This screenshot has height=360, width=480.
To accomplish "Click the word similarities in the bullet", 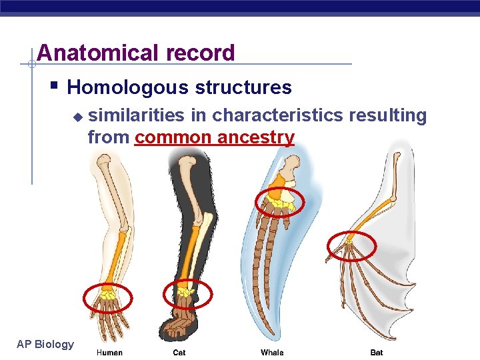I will [x=137, y=115].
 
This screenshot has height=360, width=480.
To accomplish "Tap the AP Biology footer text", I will [x=45, y=344].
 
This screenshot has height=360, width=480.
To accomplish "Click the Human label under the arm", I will [x=109, y=352].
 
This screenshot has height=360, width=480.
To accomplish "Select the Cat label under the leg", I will [x=179, y=352].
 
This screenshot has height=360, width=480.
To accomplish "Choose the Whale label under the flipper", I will [x=272, y=352].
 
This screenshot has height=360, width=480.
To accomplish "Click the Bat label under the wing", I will [x=377, y=352].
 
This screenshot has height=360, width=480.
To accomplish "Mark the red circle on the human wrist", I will [x=107, y=297].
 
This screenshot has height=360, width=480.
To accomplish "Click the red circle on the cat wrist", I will [x=187, y=293].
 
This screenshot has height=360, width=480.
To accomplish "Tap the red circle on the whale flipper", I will [x=280, y=202].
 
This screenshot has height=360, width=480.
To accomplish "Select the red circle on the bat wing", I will [x=351, y=246].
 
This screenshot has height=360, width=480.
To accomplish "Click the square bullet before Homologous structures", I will [x=54, y=87].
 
